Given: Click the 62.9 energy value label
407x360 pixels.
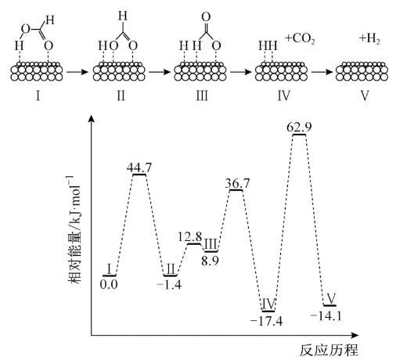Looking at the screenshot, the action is [x=299, y=128].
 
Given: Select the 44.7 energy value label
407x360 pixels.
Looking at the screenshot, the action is [x=139, y=167].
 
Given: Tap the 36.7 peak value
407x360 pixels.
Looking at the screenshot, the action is [x=237, y=183].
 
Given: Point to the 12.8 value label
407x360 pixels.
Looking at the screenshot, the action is [x=190, y=237].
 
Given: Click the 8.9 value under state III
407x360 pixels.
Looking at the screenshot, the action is [x=210, y=261].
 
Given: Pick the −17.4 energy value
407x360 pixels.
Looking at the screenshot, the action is [x=266, y=321].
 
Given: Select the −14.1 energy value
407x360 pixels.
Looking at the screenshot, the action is [x=326, y=316].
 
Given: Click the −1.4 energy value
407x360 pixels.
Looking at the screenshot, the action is [x=169, y=285].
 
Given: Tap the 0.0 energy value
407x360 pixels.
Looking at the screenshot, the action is [x=109, y=284].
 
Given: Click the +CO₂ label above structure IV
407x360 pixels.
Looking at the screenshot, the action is [x=300, y=39].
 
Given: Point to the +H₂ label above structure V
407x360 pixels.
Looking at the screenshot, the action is [x=369, y=39].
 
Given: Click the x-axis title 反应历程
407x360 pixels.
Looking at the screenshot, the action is [x=329, y=350].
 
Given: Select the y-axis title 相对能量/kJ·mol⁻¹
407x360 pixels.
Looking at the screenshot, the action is [x=74, y=229].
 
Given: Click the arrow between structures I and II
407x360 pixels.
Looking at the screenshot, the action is [x=77, y=72].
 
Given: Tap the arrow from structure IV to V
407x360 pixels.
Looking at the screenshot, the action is [x=322, y=72].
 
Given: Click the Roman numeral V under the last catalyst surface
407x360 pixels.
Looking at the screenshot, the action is [x=365, y=95].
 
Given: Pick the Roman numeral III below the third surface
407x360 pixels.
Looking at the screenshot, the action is [x=202, y=95].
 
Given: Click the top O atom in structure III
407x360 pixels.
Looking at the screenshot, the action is [x=206, y=17].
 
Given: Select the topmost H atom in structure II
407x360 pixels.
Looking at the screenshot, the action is [x=123, y=16].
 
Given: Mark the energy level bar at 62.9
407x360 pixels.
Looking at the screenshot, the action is [x=299, y=135].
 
